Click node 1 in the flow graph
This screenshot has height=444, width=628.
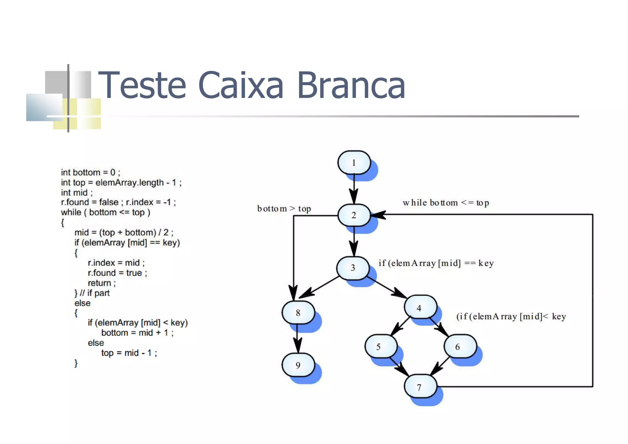pos(354,163)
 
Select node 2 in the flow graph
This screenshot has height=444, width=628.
pos(354,215)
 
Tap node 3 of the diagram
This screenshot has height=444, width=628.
pos(353,268)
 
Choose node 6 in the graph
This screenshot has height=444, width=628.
pos(459,347)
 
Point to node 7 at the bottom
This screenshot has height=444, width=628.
pos(419,387)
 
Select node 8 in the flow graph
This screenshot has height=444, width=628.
pos(298,313)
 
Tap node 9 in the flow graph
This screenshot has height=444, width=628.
pos(298,365)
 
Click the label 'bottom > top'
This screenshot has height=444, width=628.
pos(284,209)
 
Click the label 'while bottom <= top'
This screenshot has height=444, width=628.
pos(446,203)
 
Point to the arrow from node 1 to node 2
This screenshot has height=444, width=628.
pos(354,188)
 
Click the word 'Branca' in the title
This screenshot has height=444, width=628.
pos(351,85)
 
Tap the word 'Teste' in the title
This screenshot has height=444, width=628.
pos(142,85)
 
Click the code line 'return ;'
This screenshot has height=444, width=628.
pos(101,283)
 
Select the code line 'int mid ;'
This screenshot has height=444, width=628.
pos(77,193)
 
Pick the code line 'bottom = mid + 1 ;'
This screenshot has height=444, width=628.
pos(137,333)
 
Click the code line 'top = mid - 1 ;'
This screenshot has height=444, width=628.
pos(129,353)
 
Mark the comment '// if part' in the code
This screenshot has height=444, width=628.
pos(95,293)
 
